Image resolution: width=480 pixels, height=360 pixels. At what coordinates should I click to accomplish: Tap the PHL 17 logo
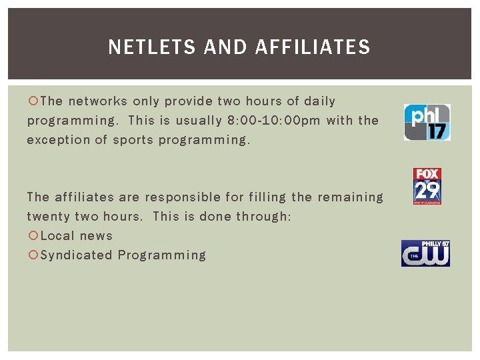pyautogui.click(x=427, y=122)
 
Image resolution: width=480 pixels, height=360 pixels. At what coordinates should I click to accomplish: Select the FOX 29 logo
pyautogui.click(x=427, y=186)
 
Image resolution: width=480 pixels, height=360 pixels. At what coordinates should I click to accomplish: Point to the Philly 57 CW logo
pyautogui.click(x=425, y=253)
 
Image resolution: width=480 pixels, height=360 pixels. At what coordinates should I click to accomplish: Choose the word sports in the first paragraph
pyautogui.click(x=133, y=140)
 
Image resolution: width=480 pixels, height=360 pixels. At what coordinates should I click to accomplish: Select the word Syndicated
pyautogui.click(x=76, y=255)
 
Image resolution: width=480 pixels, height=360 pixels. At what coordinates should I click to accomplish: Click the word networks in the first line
pyautogui.click(x=98, y=101)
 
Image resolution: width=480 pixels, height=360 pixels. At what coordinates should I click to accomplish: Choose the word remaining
pyautogui.click(x=350, y=197)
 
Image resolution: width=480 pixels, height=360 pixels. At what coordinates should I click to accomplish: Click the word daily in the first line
pyautogui.click(x=319, y=101)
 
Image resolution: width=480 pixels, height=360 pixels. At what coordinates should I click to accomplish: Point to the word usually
pyautogui.click(x=195, y=121)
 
